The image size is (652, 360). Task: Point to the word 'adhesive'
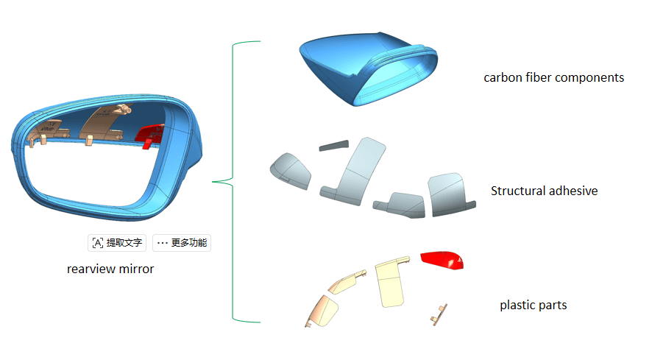pyautogui.click(x=573, y=191)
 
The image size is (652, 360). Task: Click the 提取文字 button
pyautogui.click(x=117, y=243)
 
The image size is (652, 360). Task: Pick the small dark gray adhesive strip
pyautogui.click(x=334, y=145)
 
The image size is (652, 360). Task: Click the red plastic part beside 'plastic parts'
pyautogui.click(x=442, y=260)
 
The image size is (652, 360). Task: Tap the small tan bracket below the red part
pyautogui.click(x=439, y=315)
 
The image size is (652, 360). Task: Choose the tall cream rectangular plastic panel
pyautogui.click(x=391, y=283)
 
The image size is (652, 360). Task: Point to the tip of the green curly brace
pyautogui.click(x=213, y=182)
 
